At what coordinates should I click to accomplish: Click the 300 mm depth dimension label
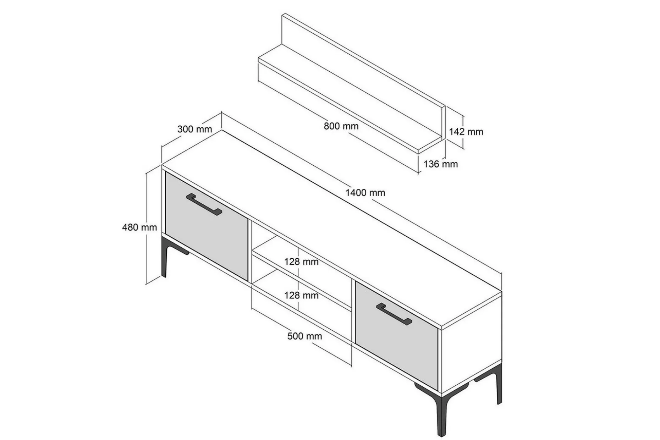[x=194, y=129]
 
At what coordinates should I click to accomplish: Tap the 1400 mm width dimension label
[x=365, y=193]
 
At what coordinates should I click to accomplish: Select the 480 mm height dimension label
[x=139, y=227]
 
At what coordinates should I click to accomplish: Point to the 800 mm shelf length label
[x=341, y=126]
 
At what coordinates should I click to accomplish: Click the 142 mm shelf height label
[x=466, y=132]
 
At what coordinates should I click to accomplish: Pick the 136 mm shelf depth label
[x=441, y=164]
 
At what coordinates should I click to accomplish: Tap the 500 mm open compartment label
[x=304, y=336]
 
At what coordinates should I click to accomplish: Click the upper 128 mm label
[x=301, y=262]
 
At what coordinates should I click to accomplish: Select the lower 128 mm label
[x=301, y=295]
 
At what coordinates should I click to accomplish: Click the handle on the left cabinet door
[x=204, y=204]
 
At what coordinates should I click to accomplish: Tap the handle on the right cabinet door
[x=394, y=314]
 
